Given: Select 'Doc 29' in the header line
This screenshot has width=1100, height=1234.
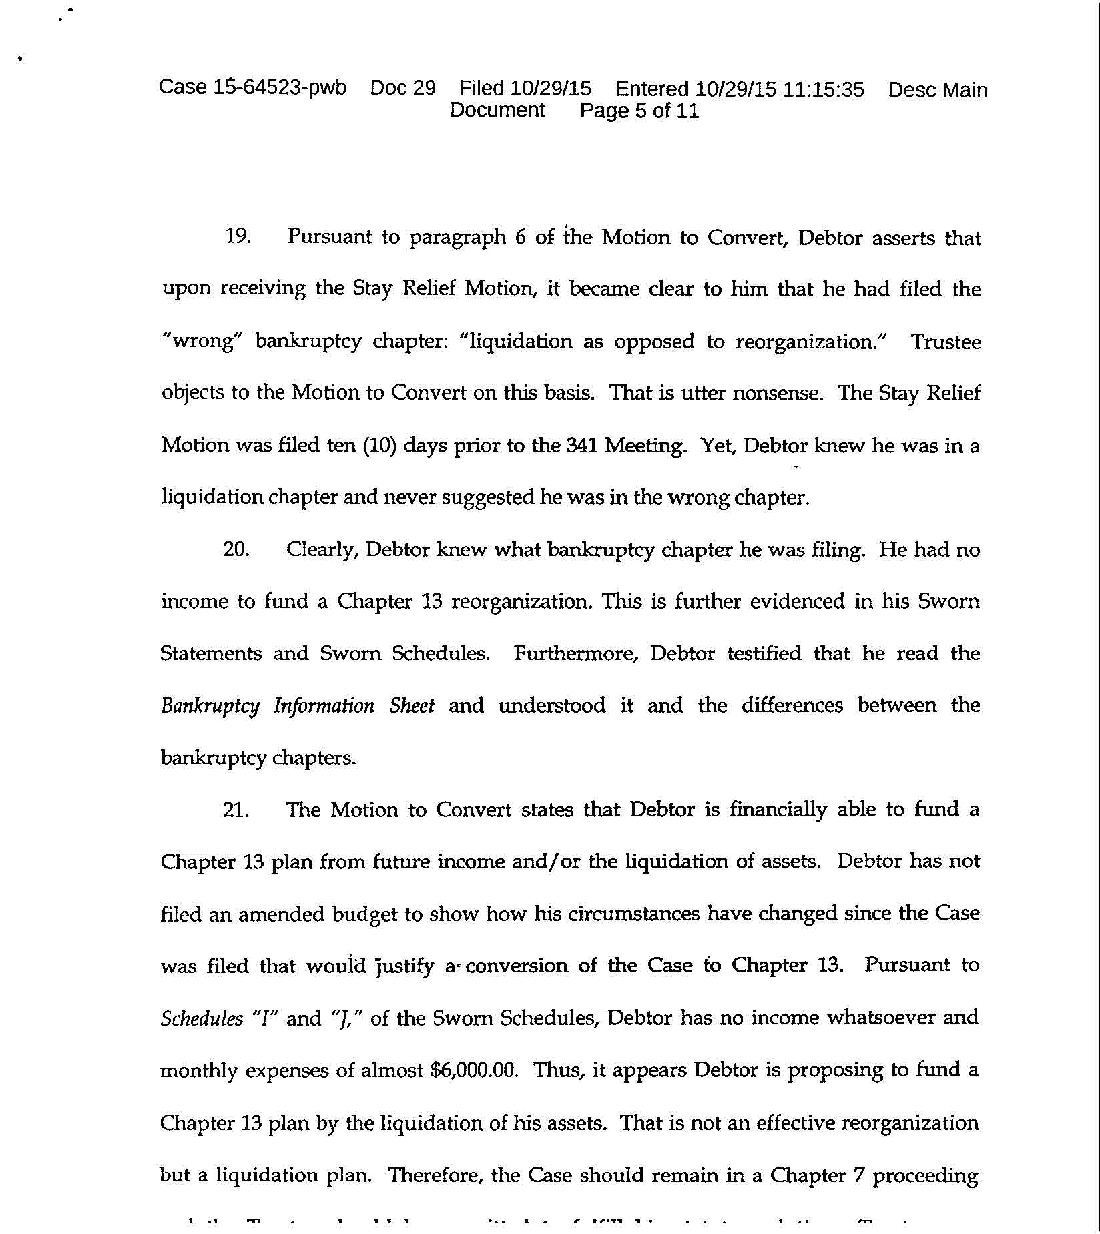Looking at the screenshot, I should (x=402, y=88).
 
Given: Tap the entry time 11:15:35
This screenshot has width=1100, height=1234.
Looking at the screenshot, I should (x=823, y=89).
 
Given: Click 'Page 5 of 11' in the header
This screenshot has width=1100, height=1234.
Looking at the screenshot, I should (x=639, y=111).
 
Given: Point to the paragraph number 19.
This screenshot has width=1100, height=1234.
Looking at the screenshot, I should (x=237, y=237).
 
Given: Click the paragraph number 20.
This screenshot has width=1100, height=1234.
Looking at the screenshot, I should (x=236, y=550).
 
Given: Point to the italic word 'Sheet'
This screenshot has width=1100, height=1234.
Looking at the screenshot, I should (x=412, y=705).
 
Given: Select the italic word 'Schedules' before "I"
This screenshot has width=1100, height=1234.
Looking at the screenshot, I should (x=202, y=1018).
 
